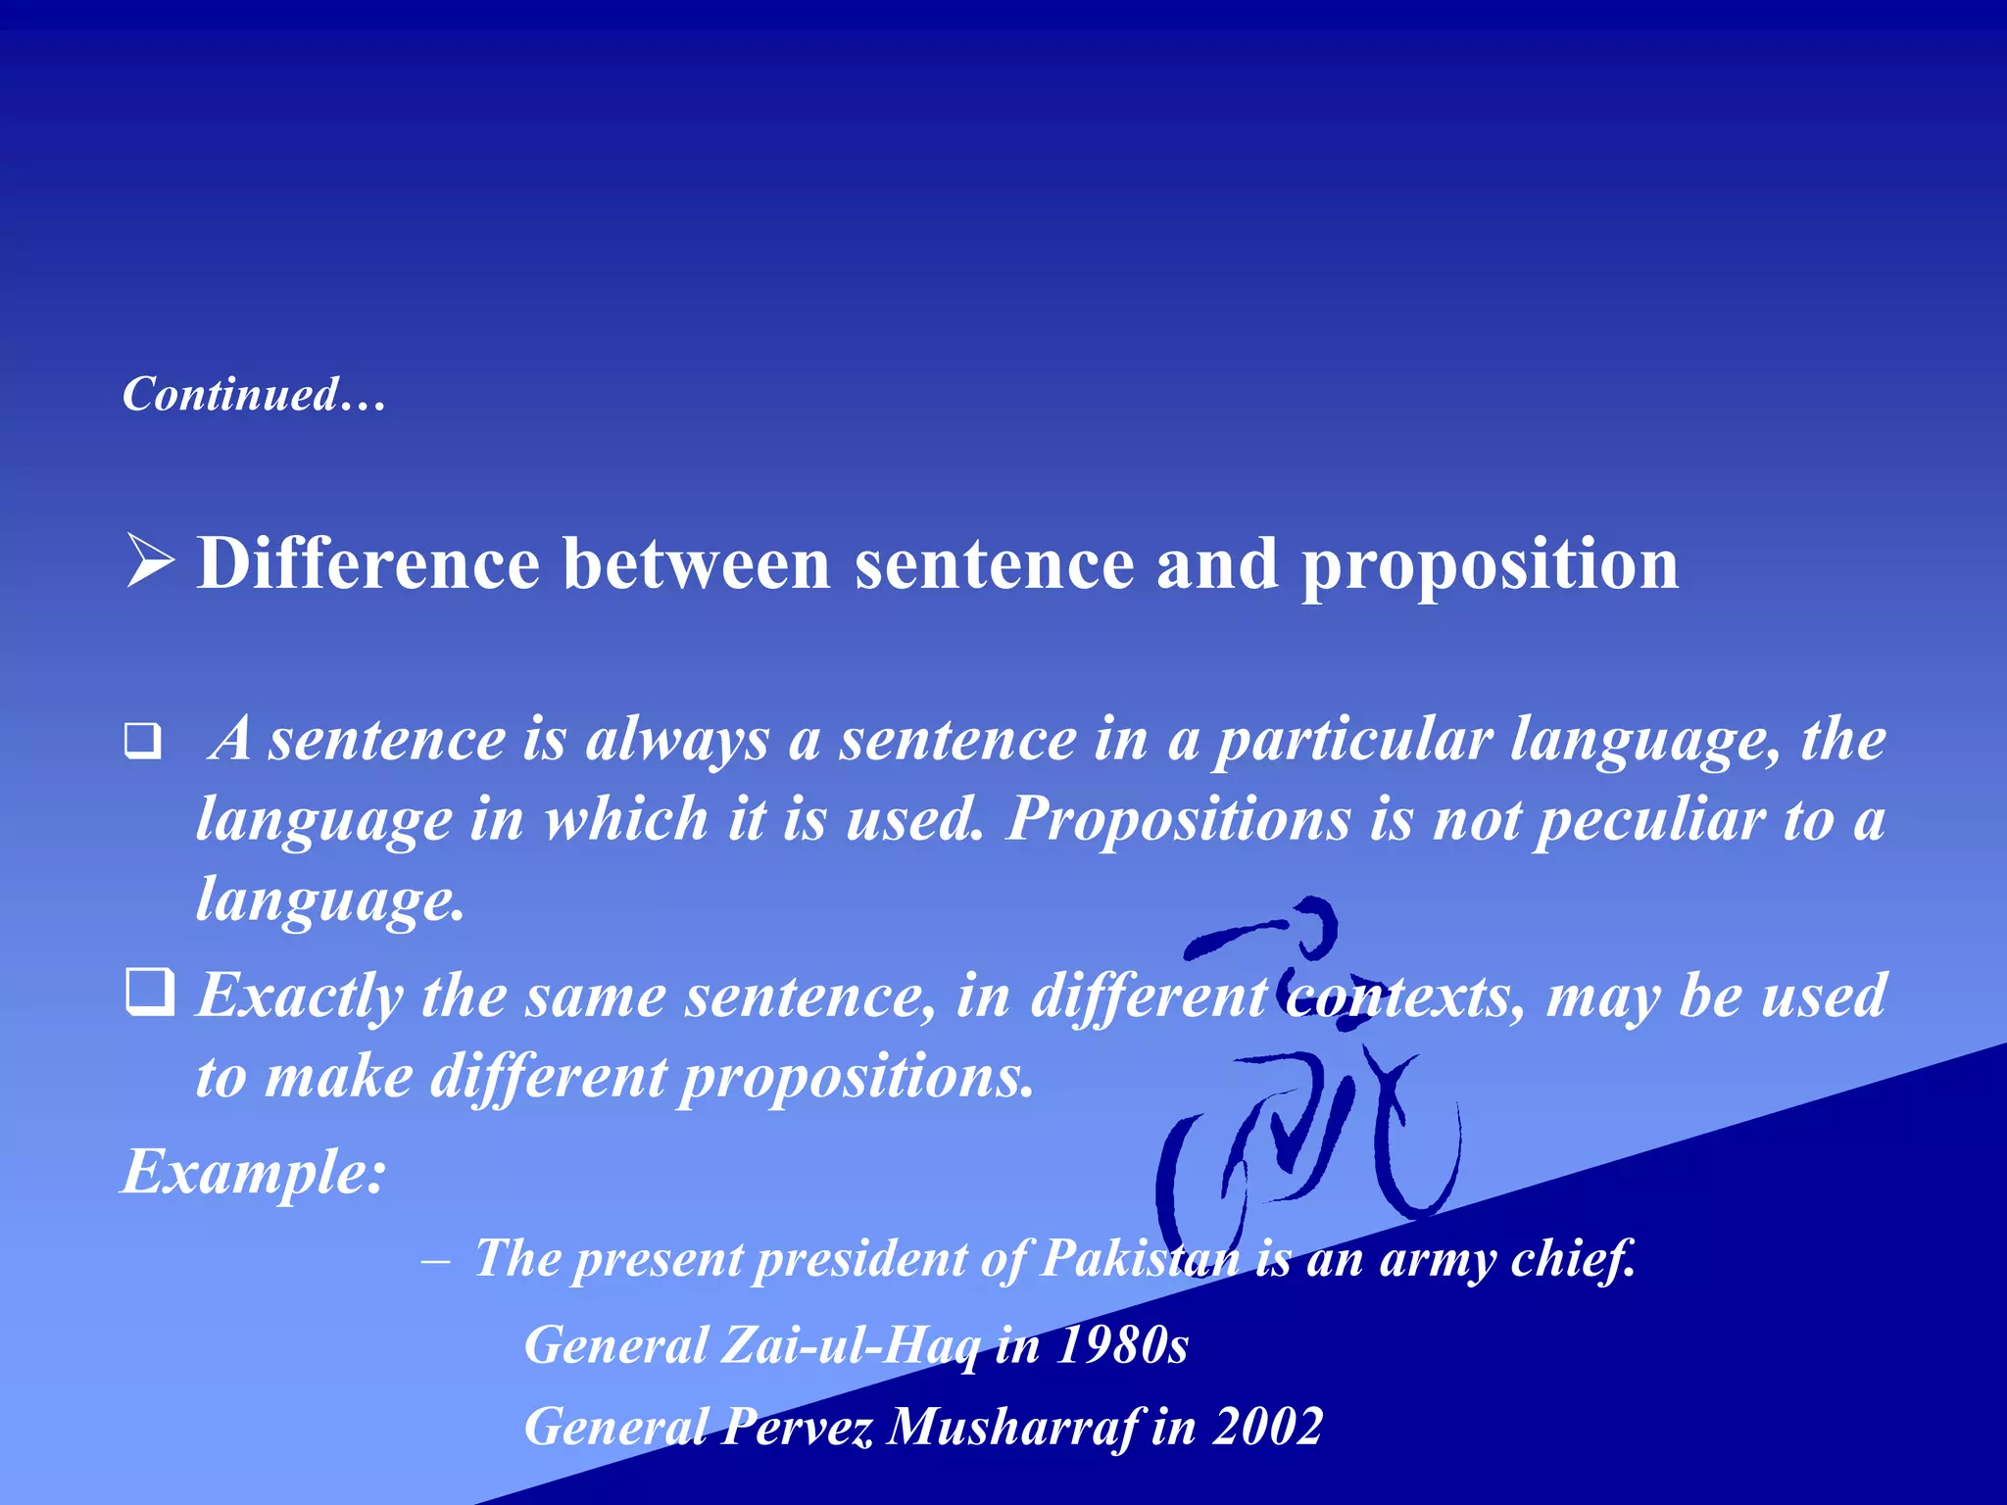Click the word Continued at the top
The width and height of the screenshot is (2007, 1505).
[x=231, y=395]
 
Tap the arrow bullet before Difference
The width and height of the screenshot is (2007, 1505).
[x=150, y=563]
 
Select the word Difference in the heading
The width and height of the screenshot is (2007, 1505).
[x=368, y=565]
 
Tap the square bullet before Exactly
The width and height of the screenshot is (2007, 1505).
[x=150, y=992]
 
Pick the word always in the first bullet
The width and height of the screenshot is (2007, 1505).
[x=677, y=741]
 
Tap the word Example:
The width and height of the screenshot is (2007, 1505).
[x=254, y=1172]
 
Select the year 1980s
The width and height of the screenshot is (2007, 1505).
[x=1122, y=1345]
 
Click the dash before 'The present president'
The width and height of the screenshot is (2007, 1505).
[x=435, y=1260]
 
